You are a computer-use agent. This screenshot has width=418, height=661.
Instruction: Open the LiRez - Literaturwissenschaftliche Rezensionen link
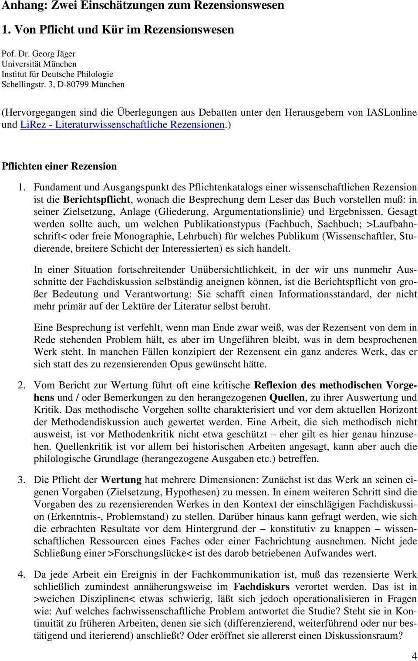point(122,124)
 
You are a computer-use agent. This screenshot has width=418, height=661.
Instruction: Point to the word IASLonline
point(392,112)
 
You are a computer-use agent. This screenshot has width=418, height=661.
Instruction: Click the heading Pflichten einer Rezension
point(59,166)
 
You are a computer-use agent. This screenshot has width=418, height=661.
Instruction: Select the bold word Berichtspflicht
point(96,200)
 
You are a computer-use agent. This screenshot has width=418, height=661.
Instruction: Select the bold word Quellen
point(287,397)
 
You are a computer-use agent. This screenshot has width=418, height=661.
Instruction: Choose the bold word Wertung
point(121,480)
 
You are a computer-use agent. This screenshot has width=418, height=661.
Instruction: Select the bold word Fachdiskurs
point(261,587)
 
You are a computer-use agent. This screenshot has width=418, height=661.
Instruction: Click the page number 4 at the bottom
point(413,656)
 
